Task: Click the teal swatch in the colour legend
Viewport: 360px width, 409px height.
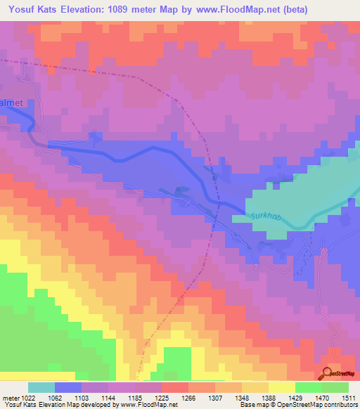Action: point(41,387)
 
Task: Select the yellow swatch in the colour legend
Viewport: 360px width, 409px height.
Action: point(281,387)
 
